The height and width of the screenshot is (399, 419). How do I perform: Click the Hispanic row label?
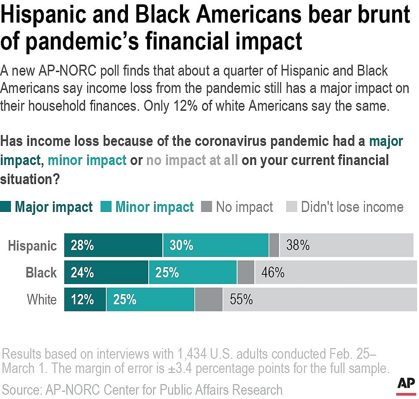[33, 246]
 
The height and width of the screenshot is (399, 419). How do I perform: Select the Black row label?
[41, 273]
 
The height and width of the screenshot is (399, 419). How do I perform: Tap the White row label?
[42, 300]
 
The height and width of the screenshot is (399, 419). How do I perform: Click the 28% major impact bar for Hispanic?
[113, 245]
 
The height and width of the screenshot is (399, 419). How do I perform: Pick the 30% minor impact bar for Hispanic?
[216, 245]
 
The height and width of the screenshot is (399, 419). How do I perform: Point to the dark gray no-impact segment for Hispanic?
[274, 245]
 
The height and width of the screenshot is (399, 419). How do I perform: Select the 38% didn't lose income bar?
[347, 245]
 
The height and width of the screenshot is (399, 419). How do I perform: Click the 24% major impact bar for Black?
[106, 272]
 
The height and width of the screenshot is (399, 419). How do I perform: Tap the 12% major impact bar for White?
[85, 299]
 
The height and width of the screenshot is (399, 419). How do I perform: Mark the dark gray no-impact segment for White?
[209, 299]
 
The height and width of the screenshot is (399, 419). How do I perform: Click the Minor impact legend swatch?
[106, 207]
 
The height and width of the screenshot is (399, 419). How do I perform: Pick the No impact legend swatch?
[206, 207]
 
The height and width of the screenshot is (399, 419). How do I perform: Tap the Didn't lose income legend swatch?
[291, 207]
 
